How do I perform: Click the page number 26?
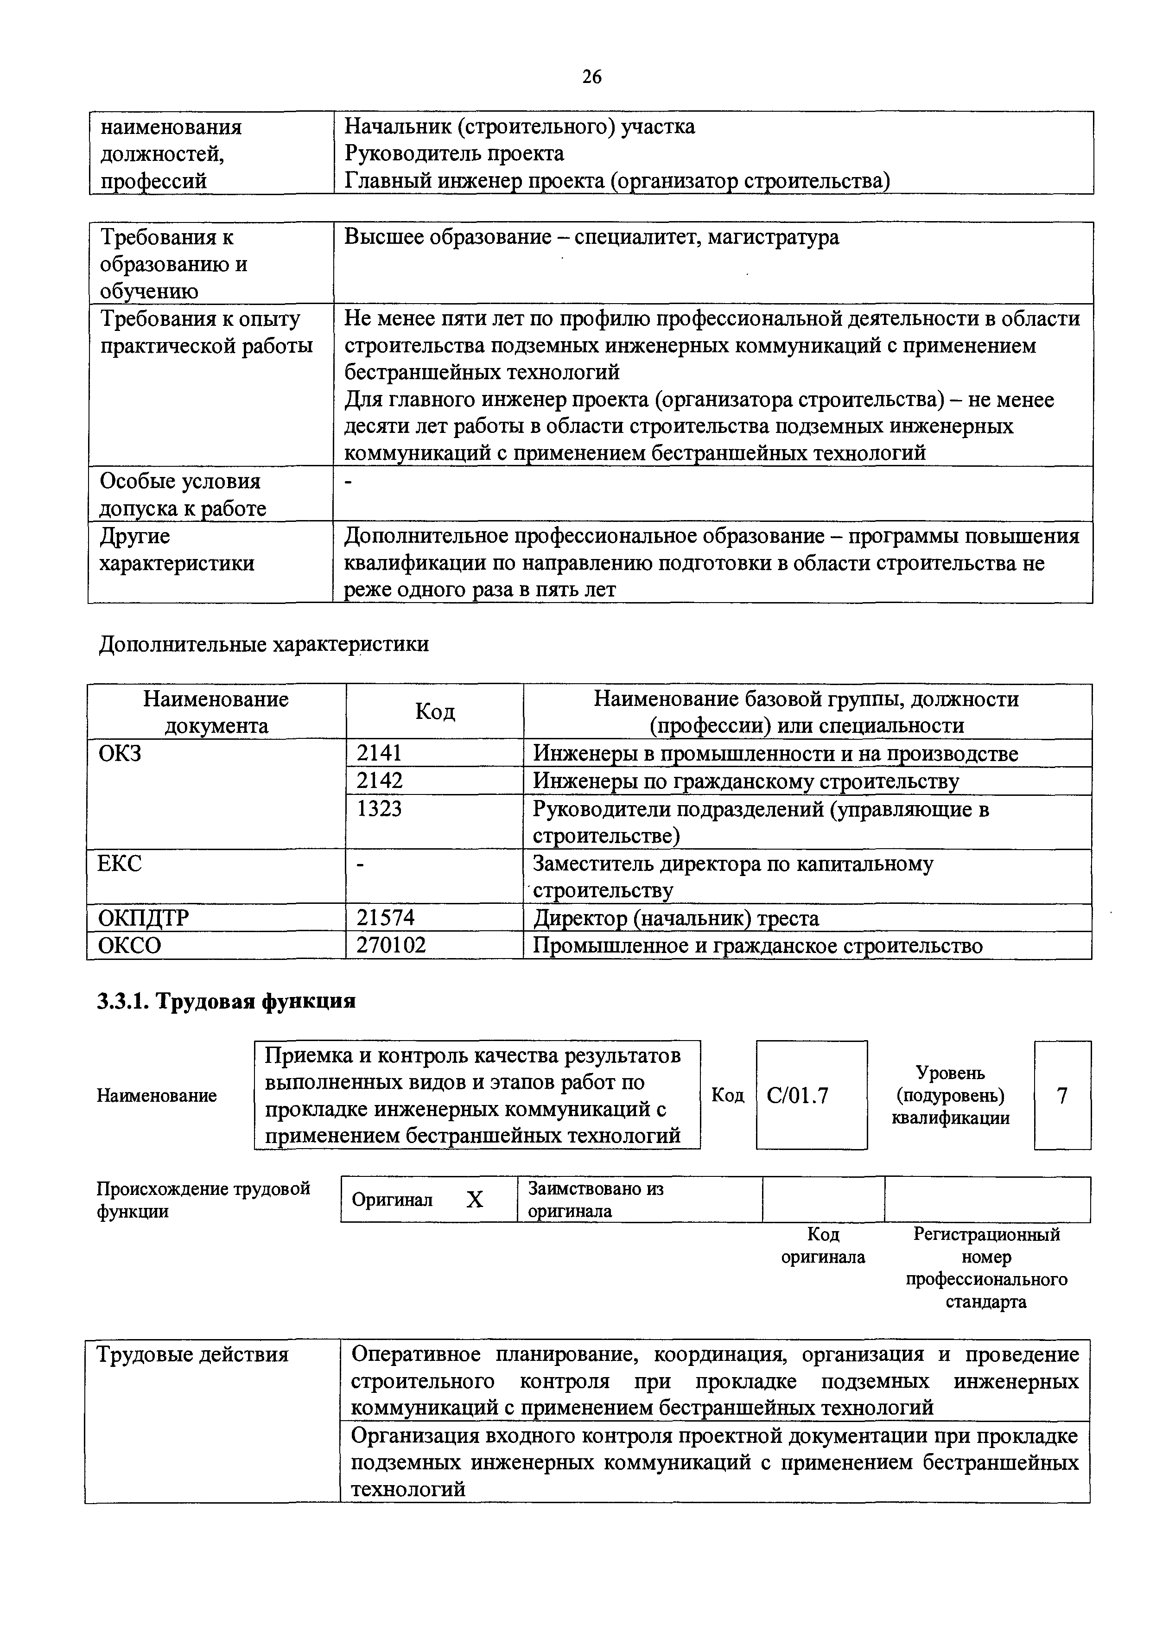(591, 76)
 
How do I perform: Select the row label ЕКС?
(120, 863)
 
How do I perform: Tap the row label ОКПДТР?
(143, 918)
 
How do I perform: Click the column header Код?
(435, 711)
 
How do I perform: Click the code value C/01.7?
(797, 1096)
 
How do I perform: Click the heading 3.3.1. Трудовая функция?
(226, 1001)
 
